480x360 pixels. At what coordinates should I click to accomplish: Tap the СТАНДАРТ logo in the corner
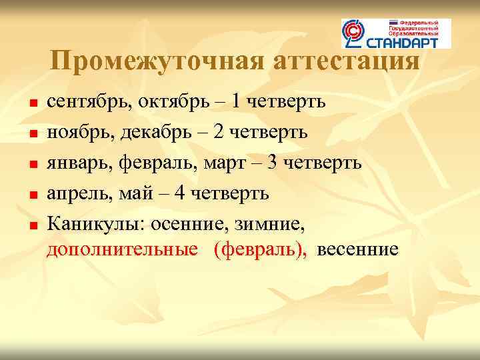pos(396,33)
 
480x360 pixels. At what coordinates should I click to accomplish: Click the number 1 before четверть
pos(237,102)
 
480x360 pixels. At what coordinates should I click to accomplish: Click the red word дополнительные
pos(122,250)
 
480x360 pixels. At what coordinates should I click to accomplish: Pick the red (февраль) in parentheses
pos(261,250)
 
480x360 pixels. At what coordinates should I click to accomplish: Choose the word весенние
pos(358,250)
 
